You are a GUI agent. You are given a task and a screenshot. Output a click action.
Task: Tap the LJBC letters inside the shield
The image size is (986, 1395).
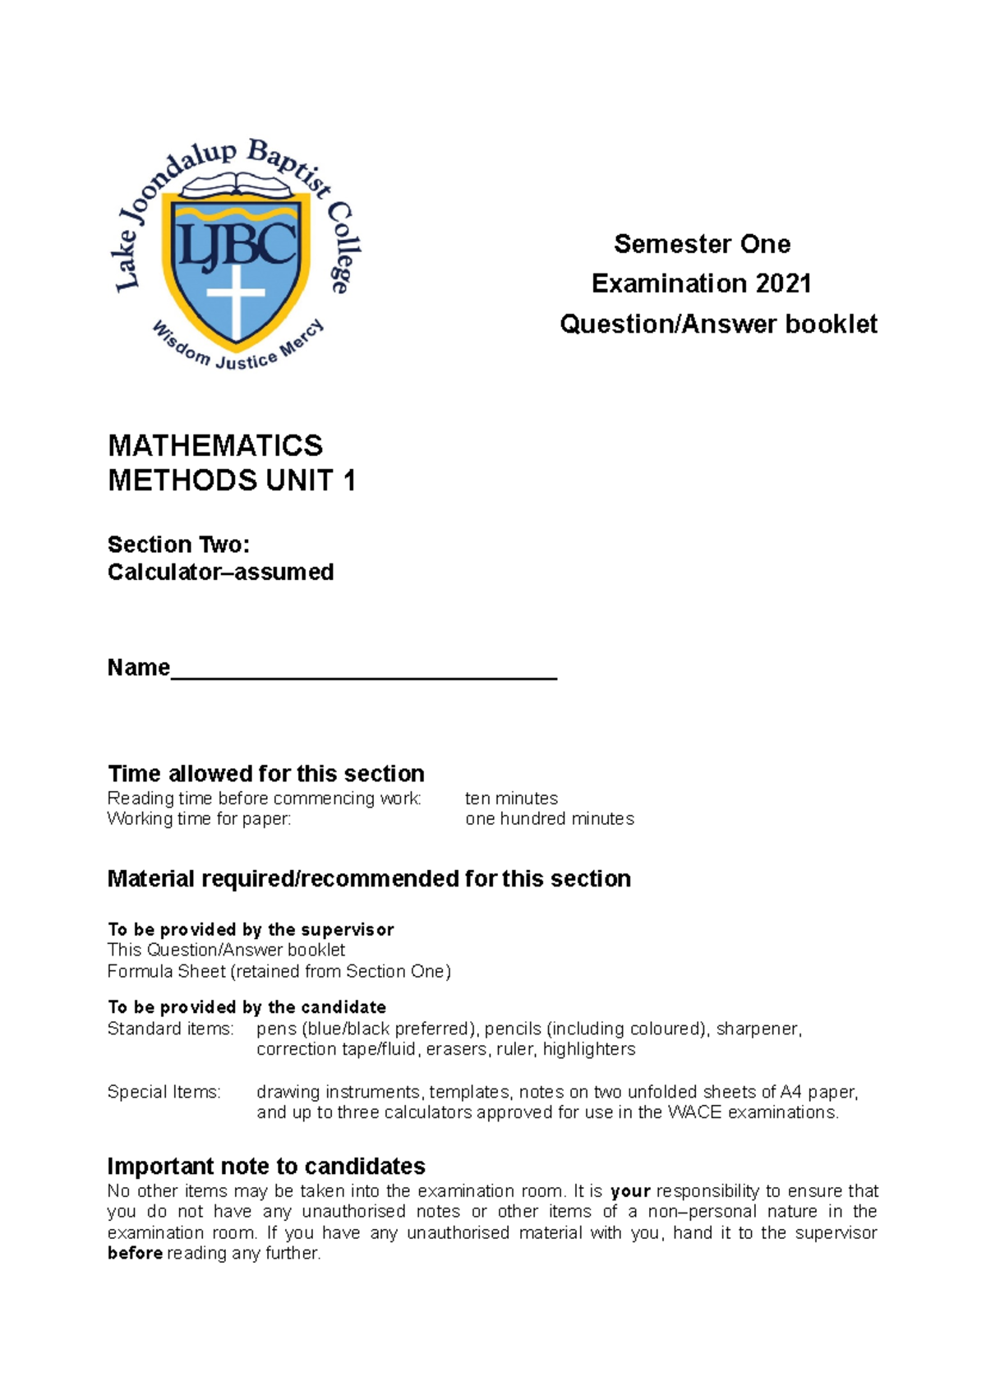tap(237, 244)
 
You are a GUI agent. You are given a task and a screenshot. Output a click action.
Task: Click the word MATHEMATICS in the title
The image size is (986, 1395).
tap(215, 445)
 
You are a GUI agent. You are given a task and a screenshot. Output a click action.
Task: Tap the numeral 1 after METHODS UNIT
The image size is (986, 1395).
tap(349, 481)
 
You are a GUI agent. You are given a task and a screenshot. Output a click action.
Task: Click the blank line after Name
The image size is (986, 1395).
tap(364, 670)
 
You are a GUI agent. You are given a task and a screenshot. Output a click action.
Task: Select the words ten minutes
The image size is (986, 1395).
tap(511, 799)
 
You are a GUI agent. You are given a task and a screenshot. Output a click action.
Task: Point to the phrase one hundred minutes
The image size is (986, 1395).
tap(550, 819)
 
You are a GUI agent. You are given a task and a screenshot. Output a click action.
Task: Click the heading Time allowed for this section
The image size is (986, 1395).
tap(265, 774)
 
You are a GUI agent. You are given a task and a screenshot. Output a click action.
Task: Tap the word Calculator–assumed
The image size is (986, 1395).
tap(220, 572)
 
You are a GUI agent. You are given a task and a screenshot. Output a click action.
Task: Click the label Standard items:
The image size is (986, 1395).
tap(170, 1029)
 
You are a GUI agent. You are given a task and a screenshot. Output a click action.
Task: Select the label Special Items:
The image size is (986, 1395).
tap(164, 1092)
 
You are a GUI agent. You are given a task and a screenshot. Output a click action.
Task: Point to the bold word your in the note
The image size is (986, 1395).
tap(630, 1191)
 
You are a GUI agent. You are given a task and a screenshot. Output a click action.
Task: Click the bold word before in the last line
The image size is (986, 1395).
tap(135, 1254)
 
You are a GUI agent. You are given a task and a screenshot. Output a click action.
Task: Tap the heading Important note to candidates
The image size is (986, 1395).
tap(265, 1167)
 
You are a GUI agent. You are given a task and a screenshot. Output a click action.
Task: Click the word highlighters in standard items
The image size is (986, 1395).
tap(588, 1050)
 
